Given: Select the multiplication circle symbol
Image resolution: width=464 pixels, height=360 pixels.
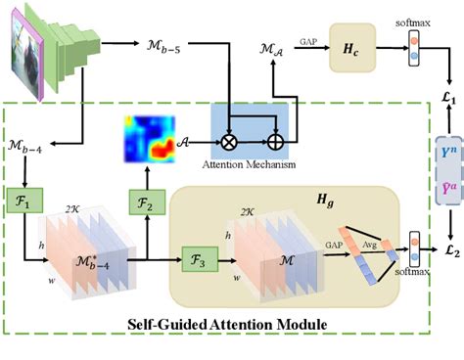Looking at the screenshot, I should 229,126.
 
